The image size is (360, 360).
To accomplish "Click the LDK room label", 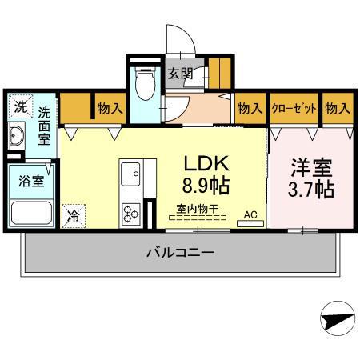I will pyautogui.click(x=207, y=164).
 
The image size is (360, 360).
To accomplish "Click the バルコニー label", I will pyautogui.click(x=180, y=253).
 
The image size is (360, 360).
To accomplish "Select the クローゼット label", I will pyautogui.click(x=294, y=108).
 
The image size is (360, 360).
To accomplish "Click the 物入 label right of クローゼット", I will pyautogui.click(x=337, y=108).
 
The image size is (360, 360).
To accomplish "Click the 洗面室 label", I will pyautogui.click(x=46, y=126).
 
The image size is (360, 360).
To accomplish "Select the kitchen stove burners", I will pyautogui.click(x=130, y=212).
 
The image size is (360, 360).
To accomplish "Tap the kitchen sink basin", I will pyautogui.click(x=130, y=172).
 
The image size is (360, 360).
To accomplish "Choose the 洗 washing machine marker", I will pyautogui.click(x=20, y=106).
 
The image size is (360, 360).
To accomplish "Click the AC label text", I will pyautogui.click(x=250, y=214).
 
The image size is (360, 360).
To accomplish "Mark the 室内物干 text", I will pyautogui.click(x=197, y=209).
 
